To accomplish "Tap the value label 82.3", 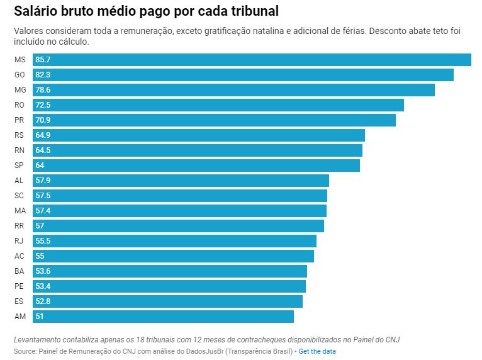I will point(43,75).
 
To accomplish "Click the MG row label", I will point(20,90).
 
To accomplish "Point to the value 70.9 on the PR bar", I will point(43,120).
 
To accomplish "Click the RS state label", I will point(19,135).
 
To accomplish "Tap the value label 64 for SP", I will point(40,166).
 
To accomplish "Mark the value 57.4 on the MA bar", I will point(43,211).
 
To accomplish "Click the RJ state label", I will point(19,241).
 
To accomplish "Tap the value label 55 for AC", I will point(40,256).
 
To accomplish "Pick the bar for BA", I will point(169,271).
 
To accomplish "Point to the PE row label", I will point(19,286).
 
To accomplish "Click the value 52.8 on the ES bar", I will point(43,301).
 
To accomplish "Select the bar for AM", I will point(163,317).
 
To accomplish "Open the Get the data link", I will point(317,351).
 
